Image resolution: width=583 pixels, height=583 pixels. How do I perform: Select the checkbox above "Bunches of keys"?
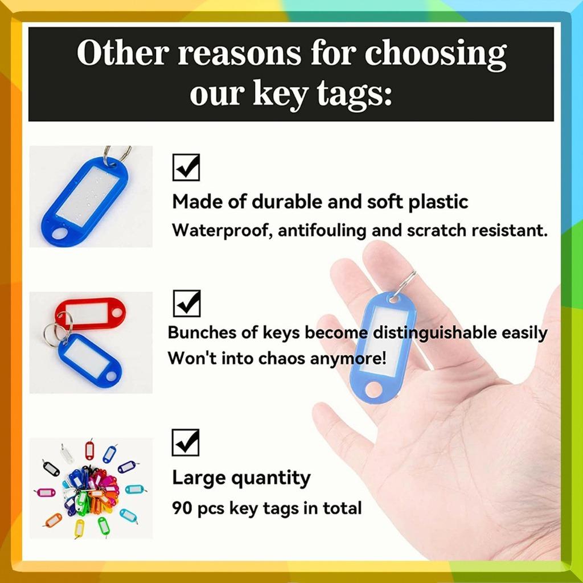pyautogui.click(x=186, y=303)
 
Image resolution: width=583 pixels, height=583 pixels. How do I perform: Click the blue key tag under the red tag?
pyautogui.click(x=90, y=359)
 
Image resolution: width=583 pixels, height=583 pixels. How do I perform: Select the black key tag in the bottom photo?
pyautogui.click(x=51, y=469)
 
